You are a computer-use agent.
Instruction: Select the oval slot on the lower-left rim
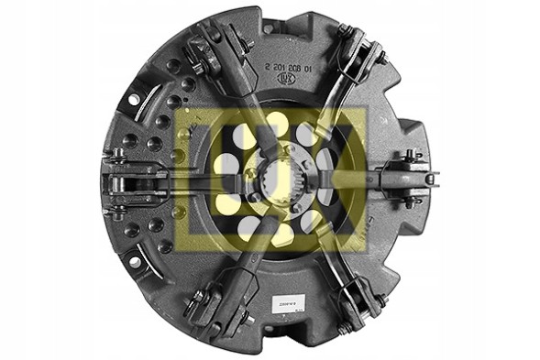[x=135, y=262]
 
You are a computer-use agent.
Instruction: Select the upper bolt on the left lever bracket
[x=120, y=163]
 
